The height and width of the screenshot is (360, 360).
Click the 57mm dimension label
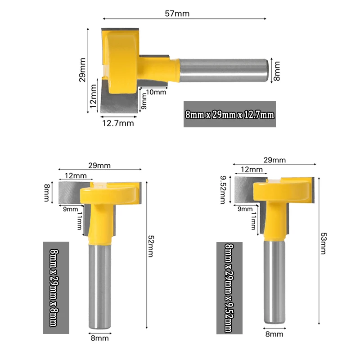tap(177, 13)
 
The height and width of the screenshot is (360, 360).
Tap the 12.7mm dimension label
tap(118, 123)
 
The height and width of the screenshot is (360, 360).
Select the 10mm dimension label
tap(156, 92)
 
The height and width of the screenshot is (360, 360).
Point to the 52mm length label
tap(151, 246)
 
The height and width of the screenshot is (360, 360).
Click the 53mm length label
tap(323, 243)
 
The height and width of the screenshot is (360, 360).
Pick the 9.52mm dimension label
tap(223, 190)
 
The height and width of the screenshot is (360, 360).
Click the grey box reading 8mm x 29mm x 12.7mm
tap(229, 114)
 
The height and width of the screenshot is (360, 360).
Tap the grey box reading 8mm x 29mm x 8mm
tap(56, 288)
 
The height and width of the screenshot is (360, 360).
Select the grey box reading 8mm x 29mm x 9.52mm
tap(229, 288)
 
